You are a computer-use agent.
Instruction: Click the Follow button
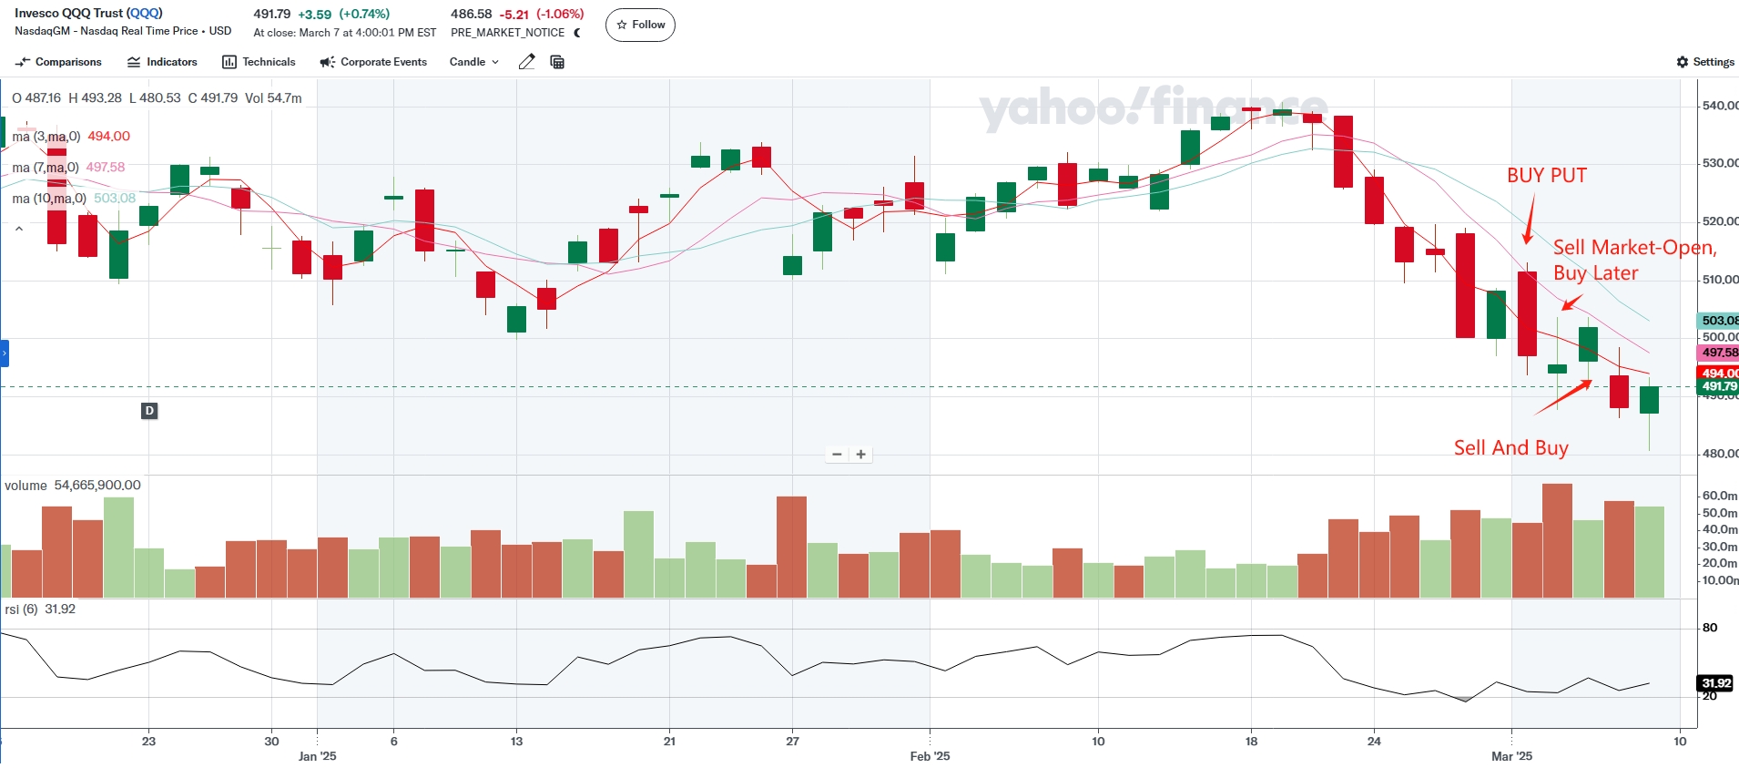tap(640, 25)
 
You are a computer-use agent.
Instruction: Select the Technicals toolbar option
tap(259, 62)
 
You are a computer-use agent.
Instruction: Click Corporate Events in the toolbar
tap(373, 62)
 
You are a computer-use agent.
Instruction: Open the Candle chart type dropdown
tap(473, 62)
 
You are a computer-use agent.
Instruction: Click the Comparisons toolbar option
tap(59, 62)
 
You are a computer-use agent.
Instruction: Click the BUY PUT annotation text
tap(1546, 175)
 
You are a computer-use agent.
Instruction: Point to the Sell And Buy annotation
tap(1510, 447)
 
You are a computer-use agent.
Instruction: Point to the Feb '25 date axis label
tap(930, 756)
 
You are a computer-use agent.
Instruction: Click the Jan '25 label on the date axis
tap(317, 756)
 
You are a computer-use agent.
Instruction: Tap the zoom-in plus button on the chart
tap(860, 454)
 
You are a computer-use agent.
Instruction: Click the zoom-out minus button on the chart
tap(837, 454)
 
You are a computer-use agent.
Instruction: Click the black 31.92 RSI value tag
tap(1715, 683)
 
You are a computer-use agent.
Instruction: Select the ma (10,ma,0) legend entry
tap(50, 199)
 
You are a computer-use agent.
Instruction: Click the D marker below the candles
tap(149, 411)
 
